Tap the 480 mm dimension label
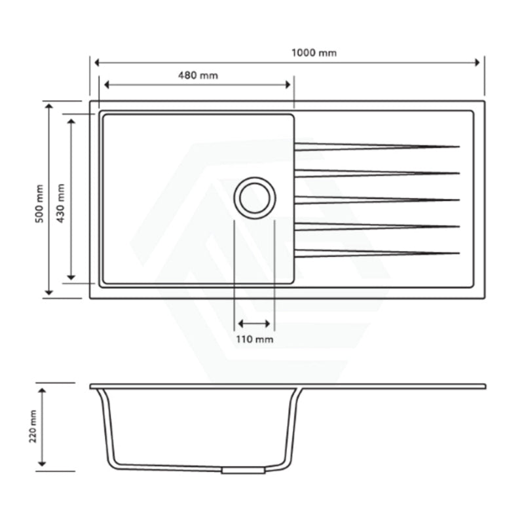click(198, 75)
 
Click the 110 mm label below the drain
click(255, 339)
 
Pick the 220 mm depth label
click(33, 427)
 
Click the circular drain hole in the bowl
click(255, 198)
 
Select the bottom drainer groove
click(376, 253)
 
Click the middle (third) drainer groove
click(376, 200)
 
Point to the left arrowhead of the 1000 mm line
click(98, 62)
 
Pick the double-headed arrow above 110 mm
click(254, 324)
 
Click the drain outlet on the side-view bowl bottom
click(243, 470)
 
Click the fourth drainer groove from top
click(376, 227)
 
